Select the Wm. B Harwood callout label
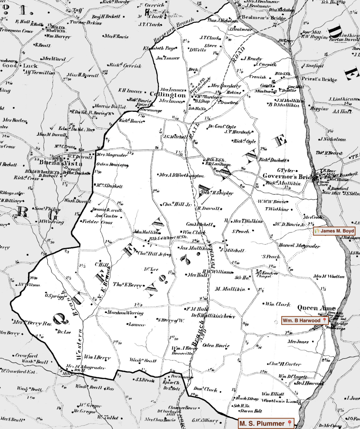[304, 320]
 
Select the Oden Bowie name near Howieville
[216, 346]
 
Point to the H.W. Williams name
[217, 272]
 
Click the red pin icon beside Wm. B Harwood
[324, 320]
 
